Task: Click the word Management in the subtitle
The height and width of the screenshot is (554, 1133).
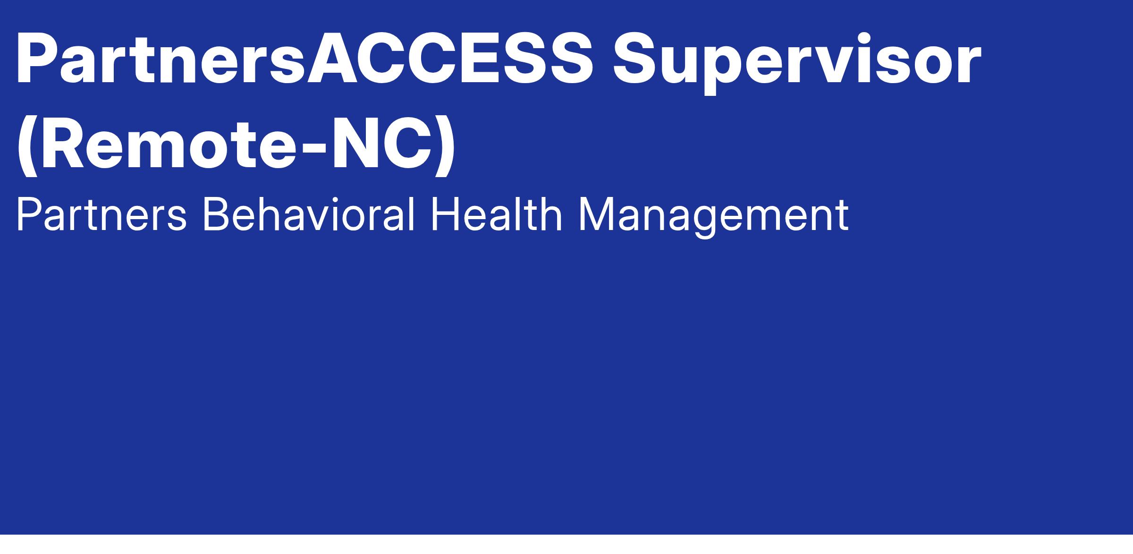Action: coord(713,218)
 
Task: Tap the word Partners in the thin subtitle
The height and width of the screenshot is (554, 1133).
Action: coord(101,216)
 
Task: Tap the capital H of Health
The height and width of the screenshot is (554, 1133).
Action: coord(444,216)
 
